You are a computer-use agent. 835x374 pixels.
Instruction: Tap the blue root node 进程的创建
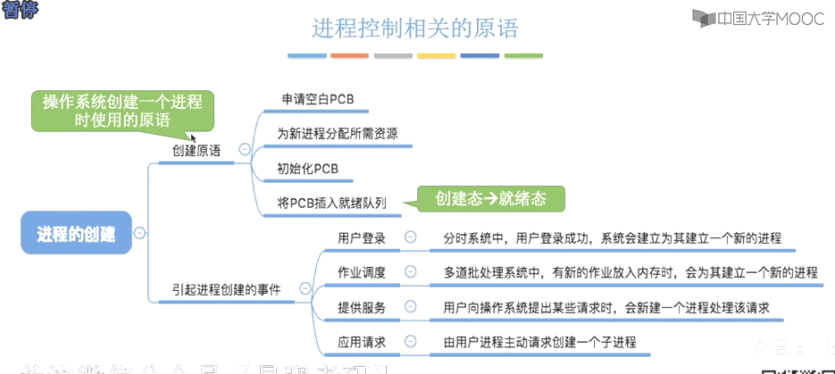(76, 234)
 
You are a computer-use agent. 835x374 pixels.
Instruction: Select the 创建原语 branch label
(196, 151)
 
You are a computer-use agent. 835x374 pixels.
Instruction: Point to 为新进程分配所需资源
(337, 134)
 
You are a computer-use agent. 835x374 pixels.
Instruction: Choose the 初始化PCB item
(307, 169)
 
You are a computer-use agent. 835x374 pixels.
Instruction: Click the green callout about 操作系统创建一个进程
(122, 111)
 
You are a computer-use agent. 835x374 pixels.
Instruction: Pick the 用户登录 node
(362, 238)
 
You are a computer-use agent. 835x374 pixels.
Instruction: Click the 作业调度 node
(362, 272)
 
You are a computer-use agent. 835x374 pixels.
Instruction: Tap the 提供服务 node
(362, 307)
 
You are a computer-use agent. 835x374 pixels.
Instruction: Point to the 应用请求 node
(362, 341)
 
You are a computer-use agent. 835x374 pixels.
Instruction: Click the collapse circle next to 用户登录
(410, 237)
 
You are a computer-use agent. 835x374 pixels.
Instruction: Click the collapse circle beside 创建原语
(241, 151)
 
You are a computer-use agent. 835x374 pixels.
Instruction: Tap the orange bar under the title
(349, 55)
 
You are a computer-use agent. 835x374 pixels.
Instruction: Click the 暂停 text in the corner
(17, 9)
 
